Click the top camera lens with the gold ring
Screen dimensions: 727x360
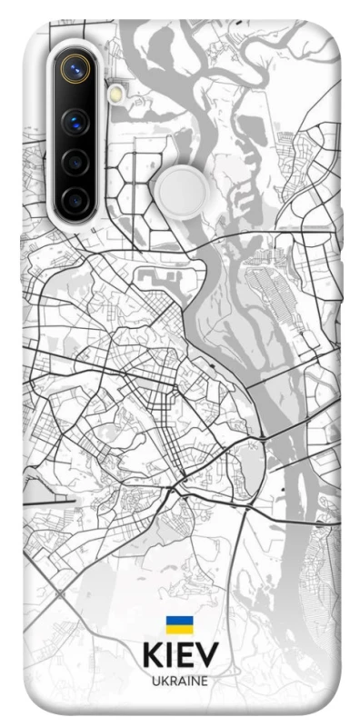click(x=75, y=67)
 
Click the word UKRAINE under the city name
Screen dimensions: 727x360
click(x=179, y=680)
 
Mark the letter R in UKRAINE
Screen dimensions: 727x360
click(x=171, y=680)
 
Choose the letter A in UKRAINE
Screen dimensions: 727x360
click(x=180, y=680)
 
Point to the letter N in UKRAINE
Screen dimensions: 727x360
click(x=193, y=680)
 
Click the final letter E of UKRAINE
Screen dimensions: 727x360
click(x=204, y=680)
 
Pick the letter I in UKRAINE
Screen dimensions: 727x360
click(x=186, y=680)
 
